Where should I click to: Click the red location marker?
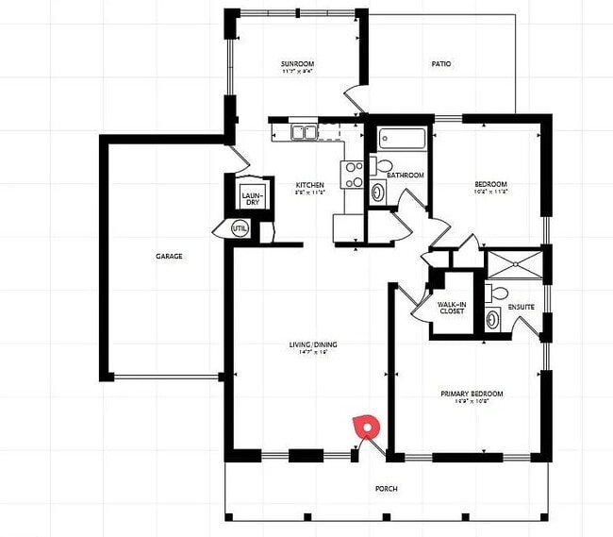[x=362, y=427]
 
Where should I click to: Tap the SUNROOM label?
[x=296, y=63]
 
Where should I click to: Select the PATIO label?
[x=441, y=64]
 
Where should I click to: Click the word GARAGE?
[x=169, y=256]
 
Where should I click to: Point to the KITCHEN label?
[x=309, y=185]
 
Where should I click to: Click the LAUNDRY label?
[x=251, y=198]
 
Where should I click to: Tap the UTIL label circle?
[x=240, y=228]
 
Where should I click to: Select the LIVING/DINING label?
[x=313, y=344]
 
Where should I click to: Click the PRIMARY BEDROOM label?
[x=472, y=394]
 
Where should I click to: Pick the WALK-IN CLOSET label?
[x=451, y=308]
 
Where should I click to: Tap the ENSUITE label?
[x=522, y=307]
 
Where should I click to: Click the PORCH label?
[x=386, y=489]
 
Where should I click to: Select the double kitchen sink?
[x=304, y=132]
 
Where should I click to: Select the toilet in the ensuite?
[x=496, y=293]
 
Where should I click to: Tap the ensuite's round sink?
[x=493, y=319]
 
